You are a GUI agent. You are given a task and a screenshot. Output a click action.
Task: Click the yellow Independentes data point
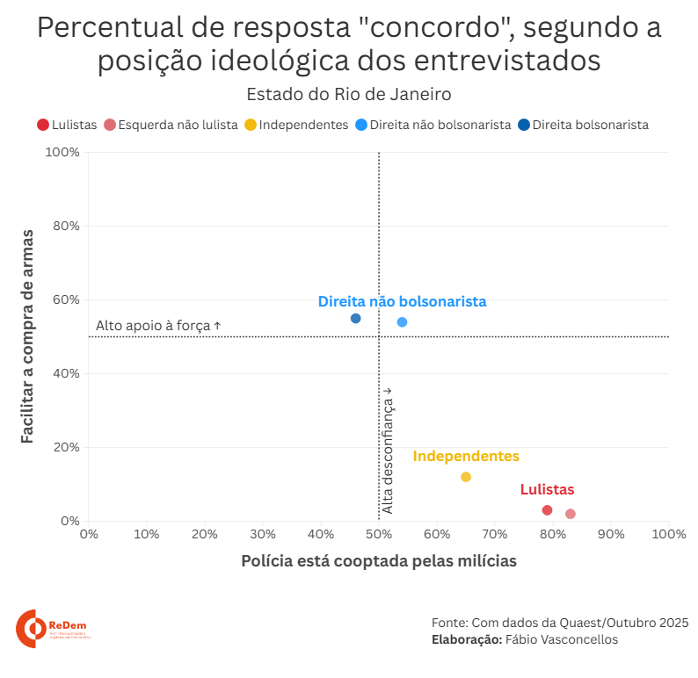466,477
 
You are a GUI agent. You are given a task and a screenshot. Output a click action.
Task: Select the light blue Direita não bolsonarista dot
402,322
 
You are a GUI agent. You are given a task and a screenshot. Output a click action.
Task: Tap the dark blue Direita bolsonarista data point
355,318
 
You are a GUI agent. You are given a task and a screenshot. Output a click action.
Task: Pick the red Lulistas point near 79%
547,510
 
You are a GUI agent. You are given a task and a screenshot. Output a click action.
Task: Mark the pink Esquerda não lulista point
571,514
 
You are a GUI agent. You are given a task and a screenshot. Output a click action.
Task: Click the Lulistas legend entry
67,125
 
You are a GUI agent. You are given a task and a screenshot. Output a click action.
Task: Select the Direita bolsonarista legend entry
584,125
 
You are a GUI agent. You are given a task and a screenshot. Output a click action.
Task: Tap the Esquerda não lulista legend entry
171,125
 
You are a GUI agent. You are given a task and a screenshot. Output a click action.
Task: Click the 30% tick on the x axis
263,534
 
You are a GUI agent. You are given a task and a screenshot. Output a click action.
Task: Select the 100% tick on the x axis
668,534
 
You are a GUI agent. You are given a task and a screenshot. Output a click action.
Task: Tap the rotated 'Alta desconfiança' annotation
387,450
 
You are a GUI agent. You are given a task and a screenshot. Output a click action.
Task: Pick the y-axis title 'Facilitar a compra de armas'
28,336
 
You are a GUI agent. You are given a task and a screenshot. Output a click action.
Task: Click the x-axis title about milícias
378,561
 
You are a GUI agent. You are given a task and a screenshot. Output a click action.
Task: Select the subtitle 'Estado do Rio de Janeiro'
349,94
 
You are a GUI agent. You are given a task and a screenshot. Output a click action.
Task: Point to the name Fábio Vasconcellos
562,639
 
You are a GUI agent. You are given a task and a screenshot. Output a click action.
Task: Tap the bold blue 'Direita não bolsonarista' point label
402,301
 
